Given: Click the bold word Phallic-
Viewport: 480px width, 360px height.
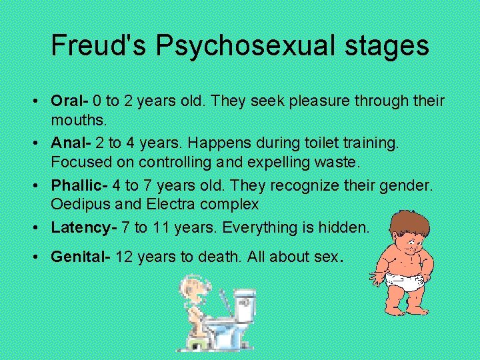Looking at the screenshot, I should click(x=77, y=185).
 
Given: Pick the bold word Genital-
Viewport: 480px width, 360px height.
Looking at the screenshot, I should click(x=80, y=257).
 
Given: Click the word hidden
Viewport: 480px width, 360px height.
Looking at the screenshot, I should click(x=341, y=228).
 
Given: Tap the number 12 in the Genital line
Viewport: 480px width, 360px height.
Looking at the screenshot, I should click(x=125, y=257).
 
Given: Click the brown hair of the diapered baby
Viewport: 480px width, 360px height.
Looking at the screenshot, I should click(x=407, y=220).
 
